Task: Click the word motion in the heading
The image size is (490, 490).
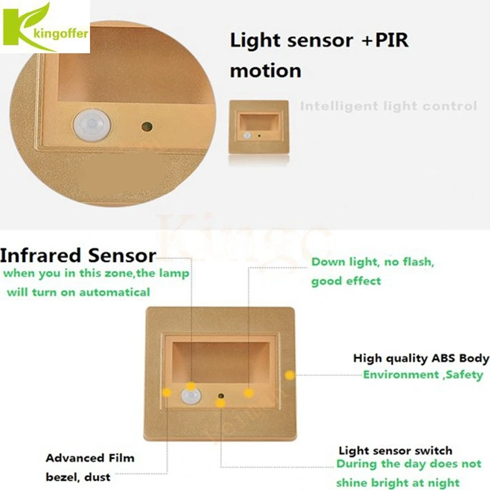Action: pos(265,70)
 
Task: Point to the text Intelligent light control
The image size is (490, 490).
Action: pos(388,106)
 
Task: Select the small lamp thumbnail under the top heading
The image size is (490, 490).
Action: pos(258,127)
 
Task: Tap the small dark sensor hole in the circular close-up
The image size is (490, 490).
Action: pos(146,127)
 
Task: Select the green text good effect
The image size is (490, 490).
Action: pos(346,281)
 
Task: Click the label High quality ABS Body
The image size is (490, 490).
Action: pos(421,358)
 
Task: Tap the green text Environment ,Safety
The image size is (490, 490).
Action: pos(423,374)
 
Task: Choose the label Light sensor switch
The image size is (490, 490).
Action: pos(395,451)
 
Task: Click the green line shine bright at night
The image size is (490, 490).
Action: pos(398,483)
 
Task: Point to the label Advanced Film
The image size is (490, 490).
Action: pos(89,458)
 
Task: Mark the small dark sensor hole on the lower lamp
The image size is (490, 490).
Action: pos(221,396)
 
